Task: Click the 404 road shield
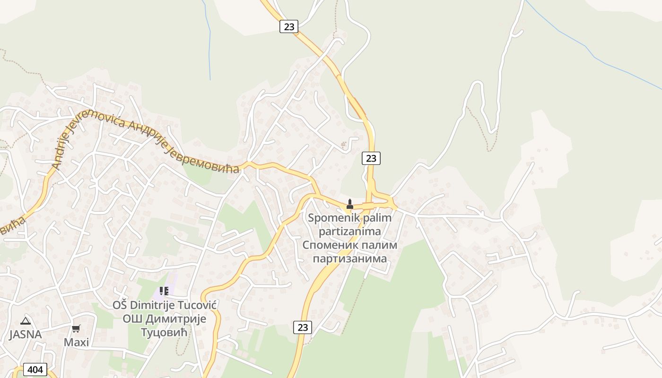pyautogui.click(x=35, y=369)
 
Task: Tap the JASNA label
pyautogui.click(x=26, y=335)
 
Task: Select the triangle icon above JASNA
pyautogui.click(x=26, y=321)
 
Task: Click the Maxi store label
pyautogui.click(x=76, y=342)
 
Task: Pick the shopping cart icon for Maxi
pyautogui.click(x=76, y=328)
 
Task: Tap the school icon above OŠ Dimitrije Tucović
pyautogui.click(x=164, y=291)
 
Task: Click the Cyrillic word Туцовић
pyautogui.click(x=164, y=332)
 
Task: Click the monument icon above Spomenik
pyautogui.click(x=350, y=204)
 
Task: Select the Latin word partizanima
pyautogui.click(x=350, y=232)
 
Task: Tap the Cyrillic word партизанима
pyautogui.click(x=350, y=258)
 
